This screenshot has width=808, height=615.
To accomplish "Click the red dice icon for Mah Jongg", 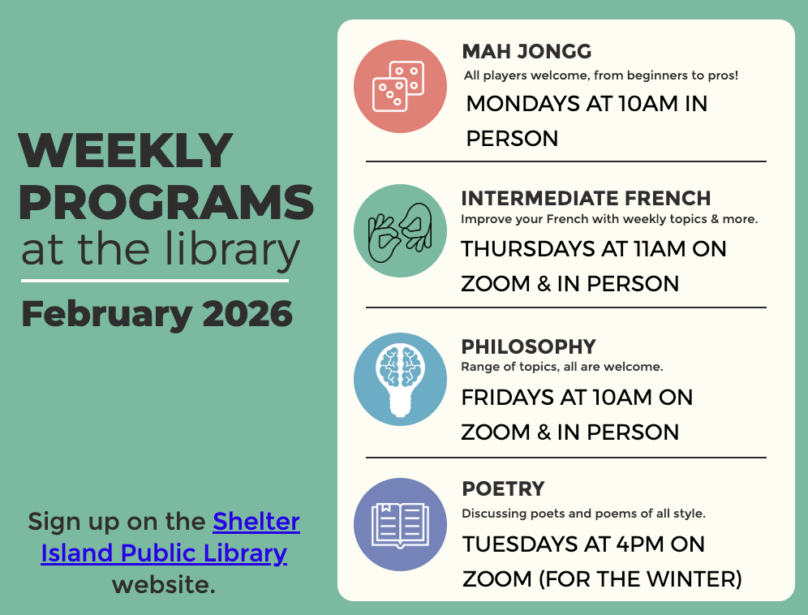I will (400, 86).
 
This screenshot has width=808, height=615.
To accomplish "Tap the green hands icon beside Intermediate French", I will (400, 232).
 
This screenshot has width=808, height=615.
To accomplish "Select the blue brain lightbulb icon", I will (400, 379).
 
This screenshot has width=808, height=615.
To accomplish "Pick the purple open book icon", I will (400, 524).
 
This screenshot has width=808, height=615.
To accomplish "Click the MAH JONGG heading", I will (526, 52).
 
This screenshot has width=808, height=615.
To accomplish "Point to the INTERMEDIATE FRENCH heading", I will (586, 199).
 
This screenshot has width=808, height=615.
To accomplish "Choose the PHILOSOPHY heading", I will (528, 346).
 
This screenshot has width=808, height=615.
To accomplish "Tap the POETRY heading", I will (503, 489).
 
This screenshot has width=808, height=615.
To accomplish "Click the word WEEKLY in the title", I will (126, 152).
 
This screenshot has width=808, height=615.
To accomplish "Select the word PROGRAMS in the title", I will (165, 202).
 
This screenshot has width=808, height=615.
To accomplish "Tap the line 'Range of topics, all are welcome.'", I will (562, 367).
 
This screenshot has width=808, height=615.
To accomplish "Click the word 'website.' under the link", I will (164, 584).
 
